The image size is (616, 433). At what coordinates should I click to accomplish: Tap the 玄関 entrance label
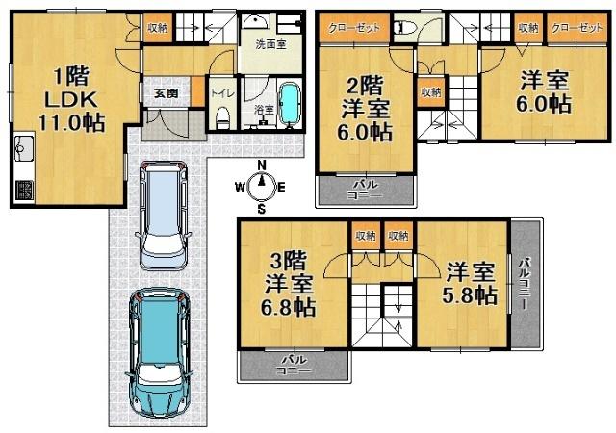[165, 93]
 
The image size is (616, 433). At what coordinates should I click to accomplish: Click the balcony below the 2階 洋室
[366, 189]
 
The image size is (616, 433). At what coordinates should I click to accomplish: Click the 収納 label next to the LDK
[157, 28]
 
